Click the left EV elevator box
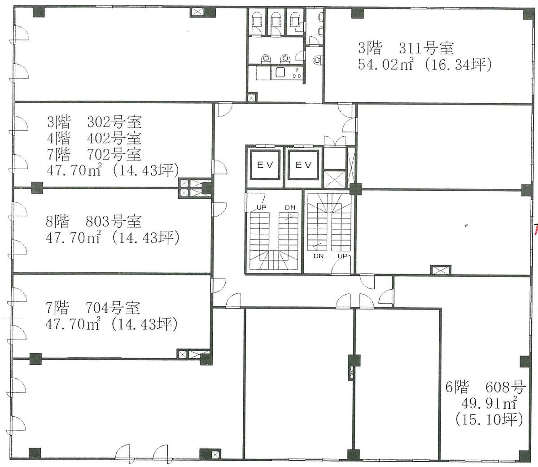click(265, 165)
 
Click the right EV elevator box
click(303, 165)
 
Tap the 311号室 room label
click(426, 48)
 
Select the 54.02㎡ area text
click(385, 64)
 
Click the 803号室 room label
click(114, 221)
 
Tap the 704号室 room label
click(113, 307)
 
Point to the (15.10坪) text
click(489, 419)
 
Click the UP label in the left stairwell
click(261, 208)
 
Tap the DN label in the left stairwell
click(290, 208)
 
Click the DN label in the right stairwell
click(319, 256)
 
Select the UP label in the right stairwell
click(342, 256)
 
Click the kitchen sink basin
click(280, 73)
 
